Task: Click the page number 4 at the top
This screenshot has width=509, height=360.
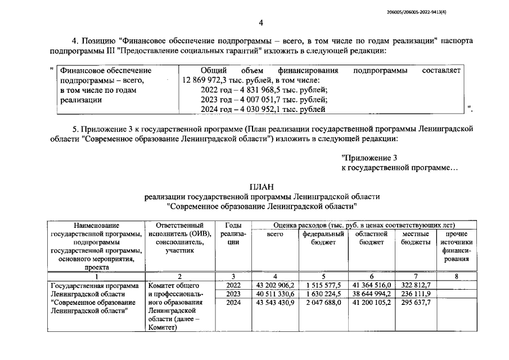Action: (x=260, y=22)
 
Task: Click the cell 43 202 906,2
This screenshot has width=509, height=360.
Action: (x=275, y=285)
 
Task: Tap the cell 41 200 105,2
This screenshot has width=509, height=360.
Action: (x=371, y=303)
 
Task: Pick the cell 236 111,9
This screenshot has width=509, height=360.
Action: (x=416, y=294)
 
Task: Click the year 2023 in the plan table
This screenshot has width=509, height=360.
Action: (x=233, y=294)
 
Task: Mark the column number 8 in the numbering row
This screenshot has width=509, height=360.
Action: (x=456, y=276)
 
